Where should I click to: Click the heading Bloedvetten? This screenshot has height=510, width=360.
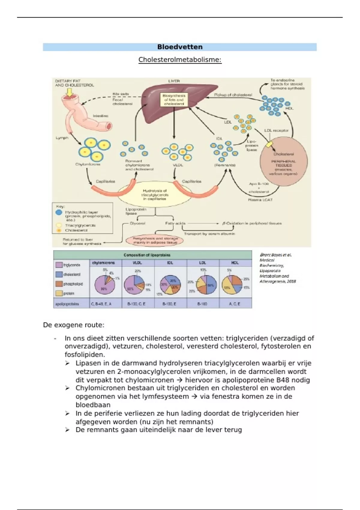[180, 47]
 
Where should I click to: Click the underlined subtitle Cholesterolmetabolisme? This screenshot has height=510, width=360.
[180, 60]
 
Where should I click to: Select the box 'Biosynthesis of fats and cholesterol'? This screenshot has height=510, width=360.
[174, 100]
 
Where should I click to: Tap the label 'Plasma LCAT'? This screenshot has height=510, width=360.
[260, 199]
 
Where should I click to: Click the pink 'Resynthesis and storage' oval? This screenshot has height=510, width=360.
[155, 240]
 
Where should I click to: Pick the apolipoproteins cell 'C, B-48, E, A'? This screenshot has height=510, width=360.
[101, 304]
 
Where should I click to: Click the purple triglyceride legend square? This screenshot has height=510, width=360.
[59, 265]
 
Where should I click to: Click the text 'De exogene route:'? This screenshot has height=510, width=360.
[74, 325]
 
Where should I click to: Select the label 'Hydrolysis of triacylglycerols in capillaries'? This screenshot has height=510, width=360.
[155, 194]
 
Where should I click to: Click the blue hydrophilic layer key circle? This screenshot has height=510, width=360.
[59, 212]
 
